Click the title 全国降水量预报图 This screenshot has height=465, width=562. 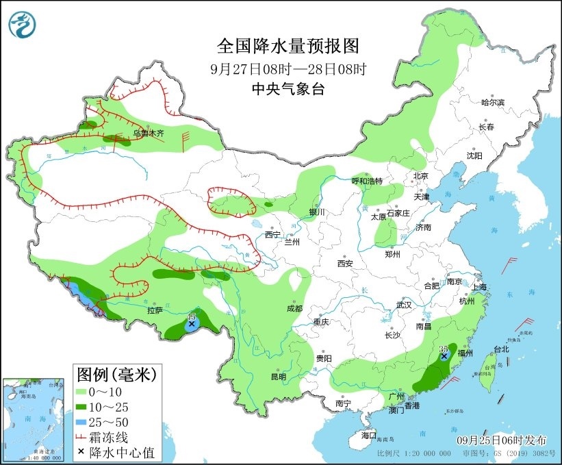[288, 46]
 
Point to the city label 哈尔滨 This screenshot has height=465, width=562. [492, 102]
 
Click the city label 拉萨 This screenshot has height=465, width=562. [154, 310]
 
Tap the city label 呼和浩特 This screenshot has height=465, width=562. [367, 181]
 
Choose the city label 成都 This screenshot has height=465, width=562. [294, 308]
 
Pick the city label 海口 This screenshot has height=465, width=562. [369, 435]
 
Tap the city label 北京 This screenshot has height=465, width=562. [420, 176]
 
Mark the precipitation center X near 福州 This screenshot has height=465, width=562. [444, 356]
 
